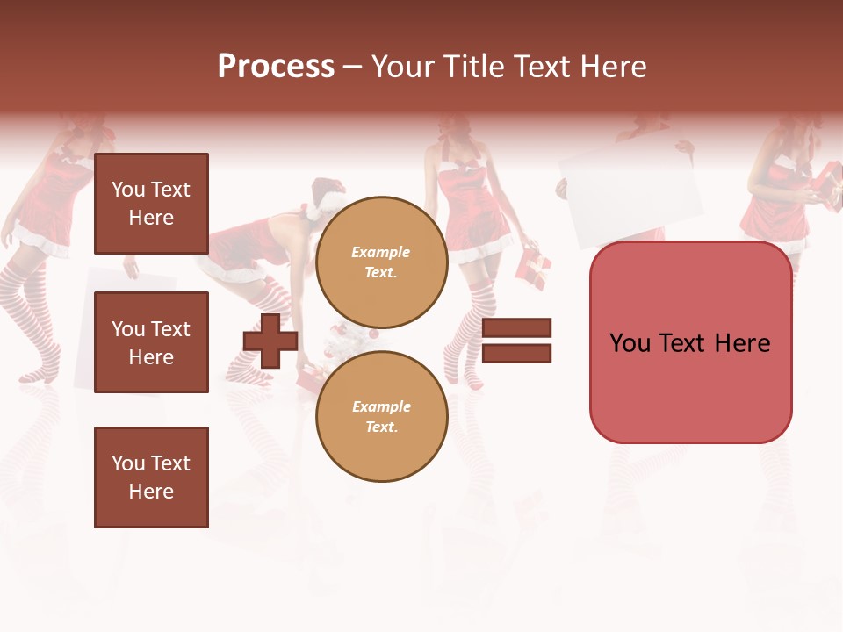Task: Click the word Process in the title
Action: click(276, 67)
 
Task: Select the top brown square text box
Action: click(151, 204)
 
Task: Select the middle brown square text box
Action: click(151, 342)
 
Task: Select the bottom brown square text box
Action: click(151, 477)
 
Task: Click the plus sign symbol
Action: click(270, 341)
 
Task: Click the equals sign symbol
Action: click(516, 341)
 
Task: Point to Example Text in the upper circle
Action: click(381, 262)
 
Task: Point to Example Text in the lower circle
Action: click(381, 417)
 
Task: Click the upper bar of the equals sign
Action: click(516, 327)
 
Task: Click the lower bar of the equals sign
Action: click(516, 354)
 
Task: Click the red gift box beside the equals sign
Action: click(534, 262)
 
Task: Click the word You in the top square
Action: click(127, 190)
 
